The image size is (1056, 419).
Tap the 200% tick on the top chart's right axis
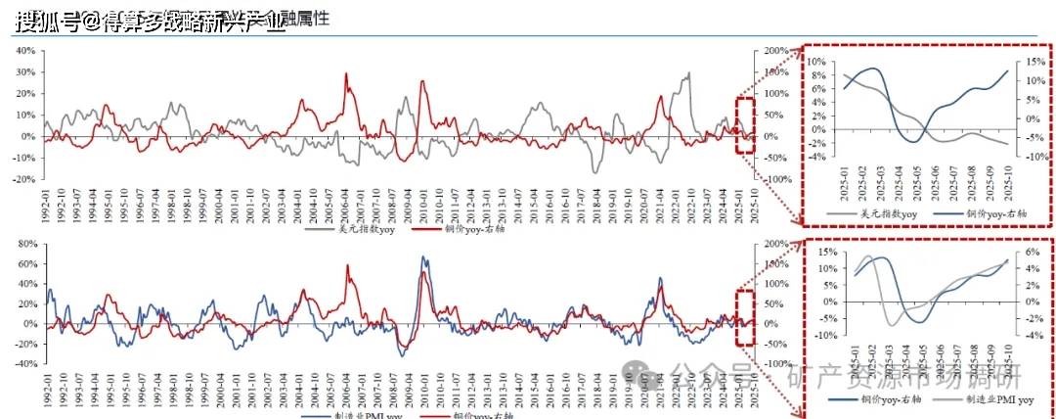coord(775,51)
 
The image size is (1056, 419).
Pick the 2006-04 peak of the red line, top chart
coord(345,74)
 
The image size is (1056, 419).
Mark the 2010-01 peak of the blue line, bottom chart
coord(422,257)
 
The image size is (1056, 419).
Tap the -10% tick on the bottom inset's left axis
coord(817,336)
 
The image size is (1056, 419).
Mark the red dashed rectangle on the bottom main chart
coord(745,317)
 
